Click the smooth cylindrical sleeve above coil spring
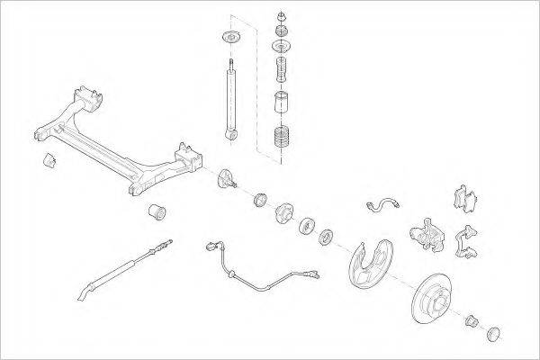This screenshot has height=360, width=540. tap(282, 102)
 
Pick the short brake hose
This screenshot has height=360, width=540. tap(382, 204)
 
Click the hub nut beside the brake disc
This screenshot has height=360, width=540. tap(472, 320)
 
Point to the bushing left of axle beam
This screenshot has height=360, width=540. tap(50, 161)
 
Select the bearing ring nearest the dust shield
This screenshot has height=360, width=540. tap(326, 237)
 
